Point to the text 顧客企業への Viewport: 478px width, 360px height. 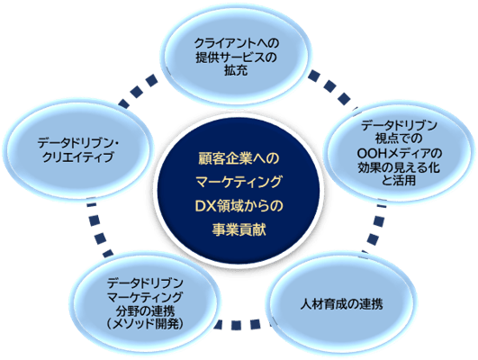point(239,157)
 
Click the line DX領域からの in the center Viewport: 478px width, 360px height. point(239,206)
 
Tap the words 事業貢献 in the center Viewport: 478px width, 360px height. point(239,230)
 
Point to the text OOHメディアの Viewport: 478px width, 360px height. point(397,152)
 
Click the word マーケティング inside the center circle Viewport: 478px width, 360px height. point(239,182)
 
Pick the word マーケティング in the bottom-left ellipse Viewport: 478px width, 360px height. point(144,297)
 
